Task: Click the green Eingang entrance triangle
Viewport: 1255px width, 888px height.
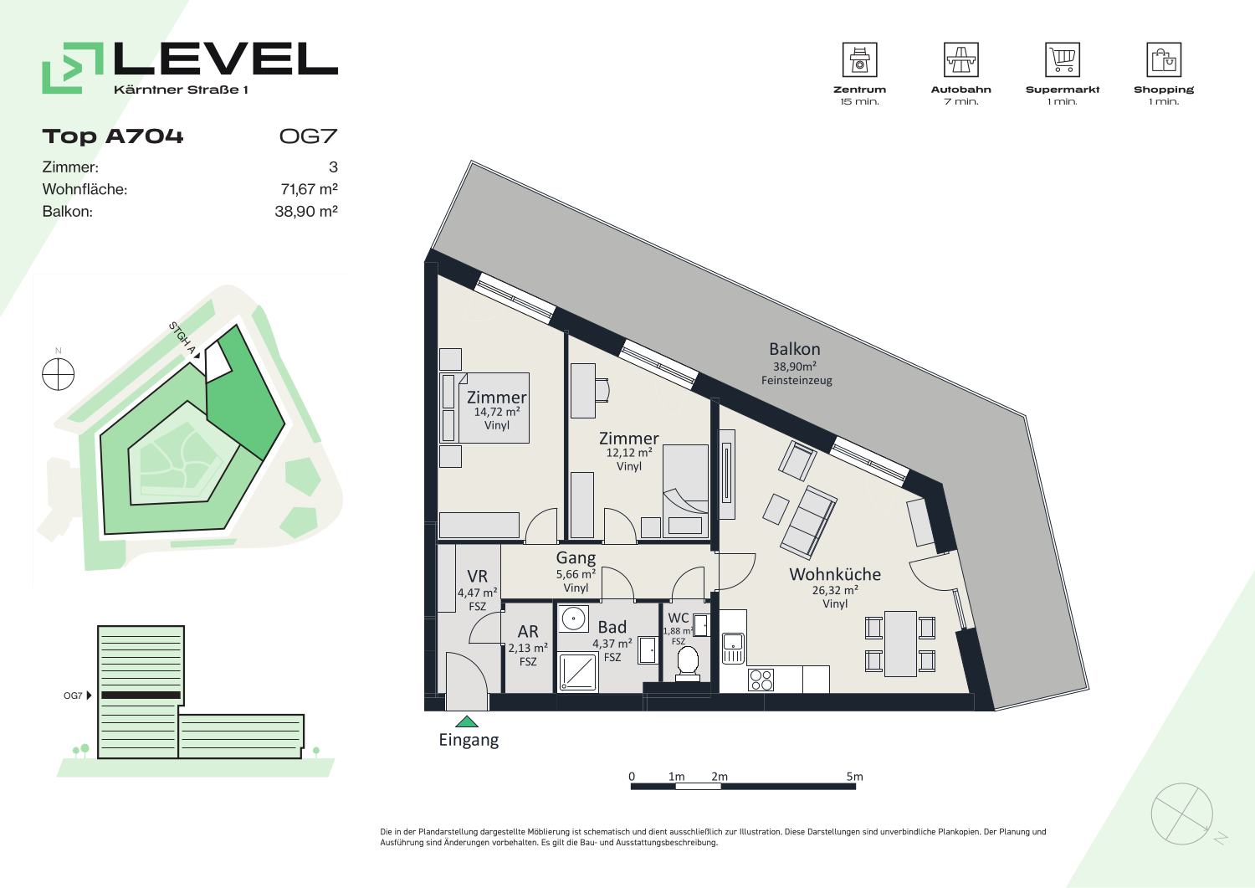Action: [x=467, y=721]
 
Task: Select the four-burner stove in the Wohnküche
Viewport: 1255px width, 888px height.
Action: [x=761, y=680]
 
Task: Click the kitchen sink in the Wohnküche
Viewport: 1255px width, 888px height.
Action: [x=733, y=648]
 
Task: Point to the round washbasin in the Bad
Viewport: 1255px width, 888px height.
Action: [x=573, y=619]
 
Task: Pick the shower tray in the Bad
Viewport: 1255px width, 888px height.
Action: [x=578, y=670]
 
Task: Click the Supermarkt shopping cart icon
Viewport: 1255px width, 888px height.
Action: [x=1063, y=59]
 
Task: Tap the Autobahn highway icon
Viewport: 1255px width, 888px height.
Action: [x=960, y=59]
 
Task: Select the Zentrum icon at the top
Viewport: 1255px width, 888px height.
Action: [x=859, y=59]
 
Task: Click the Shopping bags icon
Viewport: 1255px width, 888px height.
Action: [x=1164, y=59]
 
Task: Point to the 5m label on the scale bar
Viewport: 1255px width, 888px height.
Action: [x=854, y=777]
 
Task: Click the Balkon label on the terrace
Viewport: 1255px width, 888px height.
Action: [x=795, y=349]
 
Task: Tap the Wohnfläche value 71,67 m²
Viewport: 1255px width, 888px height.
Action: [x=309, y=189]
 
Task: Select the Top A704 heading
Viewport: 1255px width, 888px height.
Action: [x=113, y=136]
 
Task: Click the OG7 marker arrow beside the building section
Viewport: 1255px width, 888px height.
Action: [x=89, y=696]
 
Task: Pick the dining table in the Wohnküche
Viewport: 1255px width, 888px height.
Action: [x=900, y=644]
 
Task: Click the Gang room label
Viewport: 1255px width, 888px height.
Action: [x=576, y=557]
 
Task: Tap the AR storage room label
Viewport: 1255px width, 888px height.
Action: [x=528, y=631]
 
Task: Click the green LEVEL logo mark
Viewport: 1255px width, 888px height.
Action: [x=73, y=68]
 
